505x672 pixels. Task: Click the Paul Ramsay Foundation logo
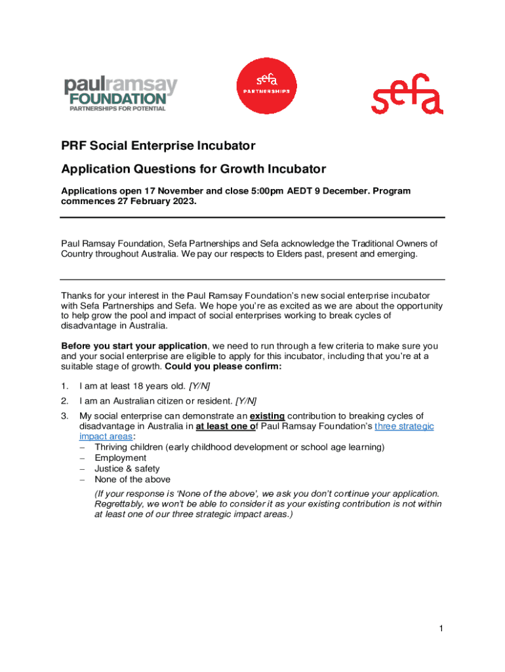click(x=120, y=94)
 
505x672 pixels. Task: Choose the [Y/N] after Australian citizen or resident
click(x=246, y=400)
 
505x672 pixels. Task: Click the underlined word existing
click(x=268, y=415)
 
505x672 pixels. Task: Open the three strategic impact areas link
click(x=403, y=426)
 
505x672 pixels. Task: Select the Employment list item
click(x=120, y=458)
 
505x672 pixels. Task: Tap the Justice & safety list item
click(x=127, y=469)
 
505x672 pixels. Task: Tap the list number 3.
click(x=64, y=415)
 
